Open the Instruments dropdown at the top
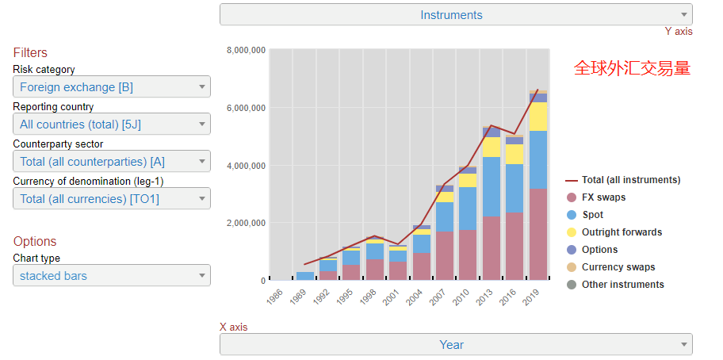tap(455, 14)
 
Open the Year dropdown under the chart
tap(455, 345)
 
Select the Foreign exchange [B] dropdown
tap(111, 87)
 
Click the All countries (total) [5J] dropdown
tap(111, 124)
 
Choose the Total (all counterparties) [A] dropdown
tap(111, 162)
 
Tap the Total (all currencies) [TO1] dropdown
tap(111, 199)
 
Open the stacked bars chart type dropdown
tap(111, 276)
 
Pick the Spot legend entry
tap(592, 215)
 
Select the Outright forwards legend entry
tap(622, 232)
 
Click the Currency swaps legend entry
tap(618, 267)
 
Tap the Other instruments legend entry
tap(622, 285)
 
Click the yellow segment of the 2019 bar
tap(538, 117)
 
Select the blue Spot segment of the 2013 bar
tap(492, 186)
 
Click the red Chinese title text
tap(632, 69)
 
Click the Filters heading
tap(30, 53)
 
